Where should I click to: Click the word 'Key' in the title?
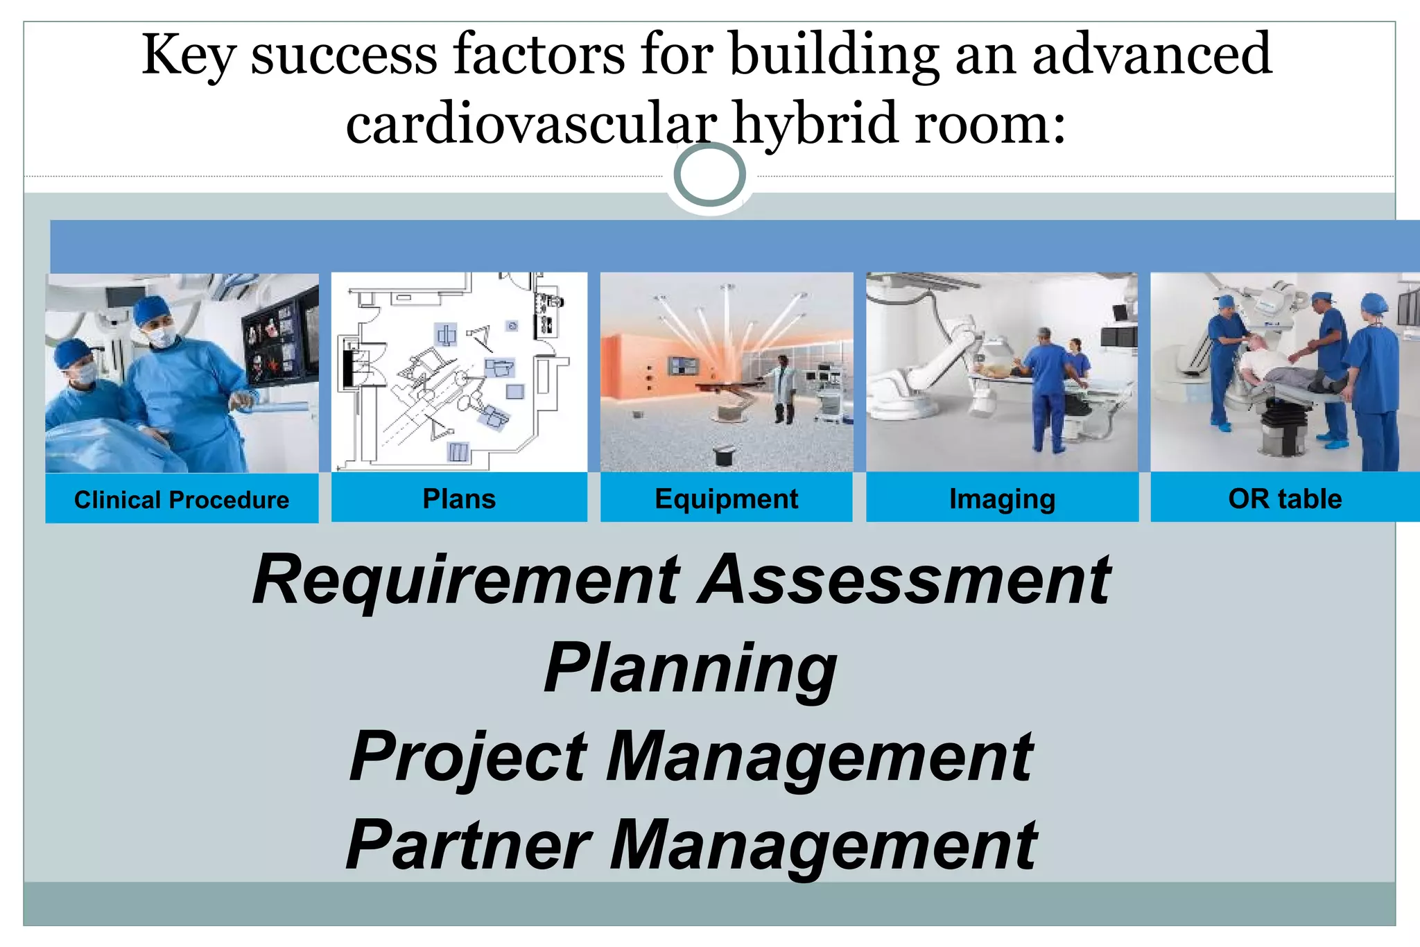(188, 55)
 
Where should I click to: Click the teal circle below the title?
(709, 175)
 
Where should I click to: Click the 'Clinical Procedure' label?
(182, 500)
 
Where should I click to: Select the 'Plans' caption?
(459, 499)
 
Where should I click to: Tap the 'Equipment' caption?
(726, 499)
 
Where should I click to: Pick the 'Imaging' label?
(1002, 499)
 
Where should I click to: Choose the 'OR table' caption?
(1284, 499)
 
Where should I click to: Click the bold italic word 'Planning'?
(690, 669)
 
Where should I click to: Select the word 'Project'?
(469, 758)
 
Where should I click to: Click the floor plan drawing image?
(458, 372)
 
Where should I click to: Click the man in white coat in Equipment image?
(783, 388)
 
